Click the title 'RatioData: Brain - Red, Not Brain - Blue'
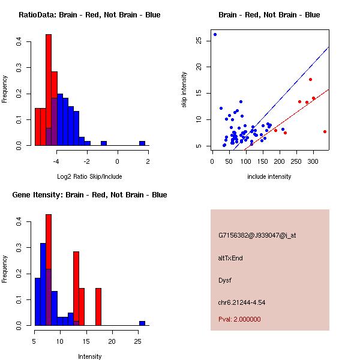coord(89,15)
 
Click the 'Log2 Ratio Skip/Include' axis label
coord(89,176)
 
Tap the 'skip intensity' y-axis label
coord(184,90)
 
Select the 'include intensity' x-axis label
coord(269,176)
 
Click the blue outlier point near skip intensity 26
coord(215,34)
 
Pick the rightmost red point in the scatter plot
coord(325,131)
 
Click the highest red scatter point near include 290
coord(310,79)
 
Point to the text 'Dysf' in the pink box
coord(225,280)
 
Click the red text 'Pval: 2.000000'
coord(239,319)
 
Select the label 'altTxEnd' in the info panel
coord(230,258)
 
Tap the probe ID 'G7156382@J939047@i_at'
coord(257,235)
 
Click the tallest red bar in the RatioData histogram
coord(49,90)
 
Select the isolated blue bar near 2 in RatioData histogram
coord(142,143)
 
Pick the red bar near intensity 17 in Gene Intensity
coord(98,307)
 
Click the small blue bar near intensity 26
coord(142,323)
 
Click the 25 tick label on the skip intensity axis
coord(198,40)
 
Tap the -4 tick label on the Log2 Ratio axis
coord(56,161)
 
